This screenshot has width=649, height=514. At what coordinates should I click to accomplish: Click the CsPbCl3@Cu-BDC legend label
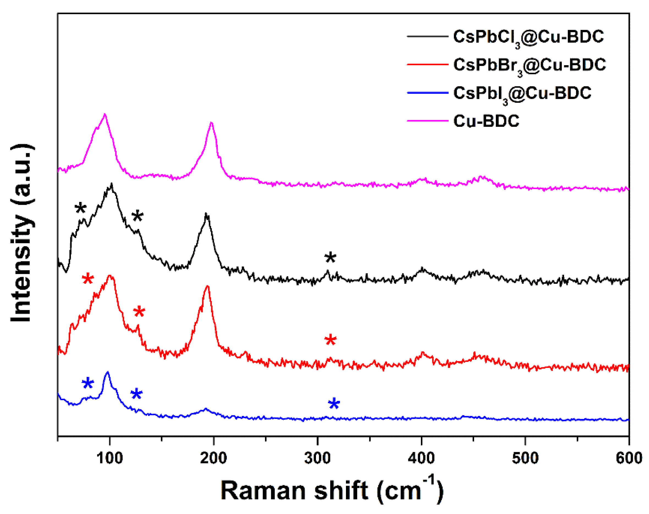click(528, 37)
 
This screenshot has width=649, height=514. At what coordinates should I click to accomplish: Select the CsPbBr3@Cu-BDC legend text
click(529, 65)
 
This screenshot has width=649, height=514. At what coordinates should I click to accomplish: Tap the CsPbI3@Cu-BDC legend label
click(522, 93)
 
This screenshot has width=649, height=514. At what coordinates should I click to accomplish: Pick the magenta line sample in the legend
click(427, 121)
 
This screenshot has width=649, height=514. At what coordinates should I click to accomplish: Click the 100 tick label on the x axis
click(110, 458)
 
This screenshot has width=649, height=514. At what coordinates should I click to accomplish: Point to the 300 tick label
click(317, 458)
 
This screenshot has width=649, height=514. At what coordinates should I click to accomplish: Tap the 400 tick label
click(421, 458)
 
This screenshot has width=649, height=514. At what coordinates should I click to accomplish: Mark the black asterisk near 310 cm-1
click(330, 258)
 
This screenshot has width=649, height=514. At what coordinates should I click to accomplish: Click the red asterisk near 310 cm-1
click(330, 340)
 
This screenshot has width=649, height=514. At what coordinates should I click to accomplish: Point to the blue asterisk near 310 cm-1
click(334, 404)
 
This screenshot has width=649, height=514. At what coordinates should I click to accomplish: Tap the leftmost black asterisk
click(81, 208)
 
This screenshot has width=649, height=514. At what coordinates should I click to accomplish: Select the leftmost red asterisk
click(88, 279)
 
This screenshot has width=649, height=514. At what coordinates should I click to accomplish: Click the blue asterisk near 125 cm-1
click(136, 394)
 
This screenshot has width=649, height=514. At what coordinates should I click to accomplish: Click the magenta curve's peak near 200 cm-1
click(211, 123)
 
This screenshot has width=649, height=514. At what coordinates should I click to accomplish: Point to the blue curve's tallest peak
click(107, 373)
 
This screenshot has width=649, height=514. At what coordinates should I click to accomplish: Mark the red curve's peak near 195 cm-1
click(207, 286)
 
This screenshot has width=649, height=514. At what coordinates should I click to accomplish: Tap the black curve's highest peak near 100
click(112, 184)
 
